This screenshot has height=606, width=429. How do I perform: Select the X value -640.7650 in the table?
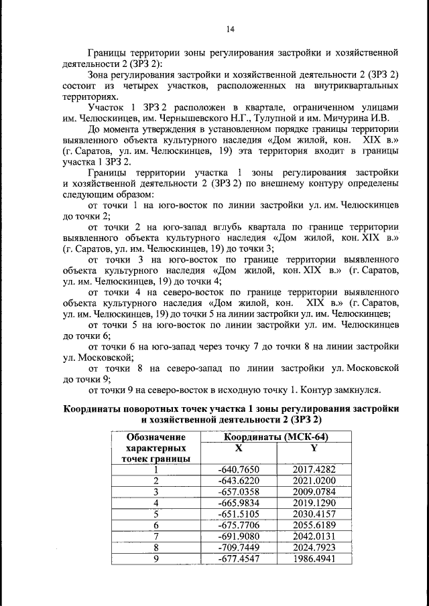coord(239,469)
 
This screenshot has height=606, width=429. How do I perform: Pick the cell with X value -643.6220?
coord(239,481)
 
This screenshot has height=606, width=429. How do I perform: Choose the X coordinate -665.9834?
coord(239,502)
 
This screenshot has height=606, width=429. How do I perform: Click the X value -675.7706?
coord(239,524)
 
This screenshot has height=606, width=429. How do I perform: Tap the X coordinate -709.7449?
coord(239,546)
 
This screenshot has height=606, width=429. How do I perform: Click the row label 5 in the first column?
coord(156,514)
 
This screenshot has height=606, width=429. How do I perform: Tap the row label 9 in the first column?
coord(156,558)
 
